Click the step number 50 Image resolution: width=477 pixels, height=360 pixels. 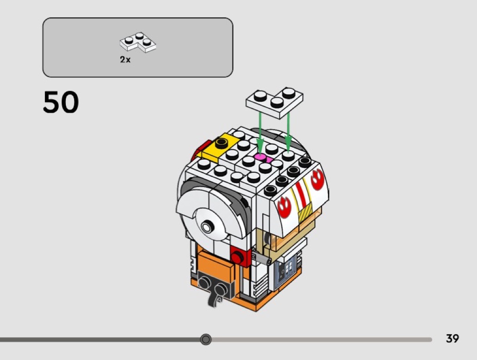61,103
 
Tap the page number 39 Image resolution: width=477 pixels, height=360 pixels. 452,339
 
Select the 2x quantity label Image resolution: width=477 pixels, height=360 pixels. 125,59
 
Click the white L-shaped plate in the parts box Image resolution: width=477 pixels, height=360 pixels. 139,43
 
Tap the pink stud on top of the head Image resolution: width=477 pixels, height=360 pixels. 260,157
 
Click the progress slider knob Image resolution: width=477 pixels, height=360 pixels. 206,339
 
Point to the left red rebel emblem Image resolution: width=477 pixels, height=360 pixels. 284,207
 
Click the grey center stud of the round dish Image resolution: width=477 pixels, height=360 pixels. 208,226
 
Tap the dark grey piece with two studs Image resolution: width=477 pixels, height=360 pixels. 214,283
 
